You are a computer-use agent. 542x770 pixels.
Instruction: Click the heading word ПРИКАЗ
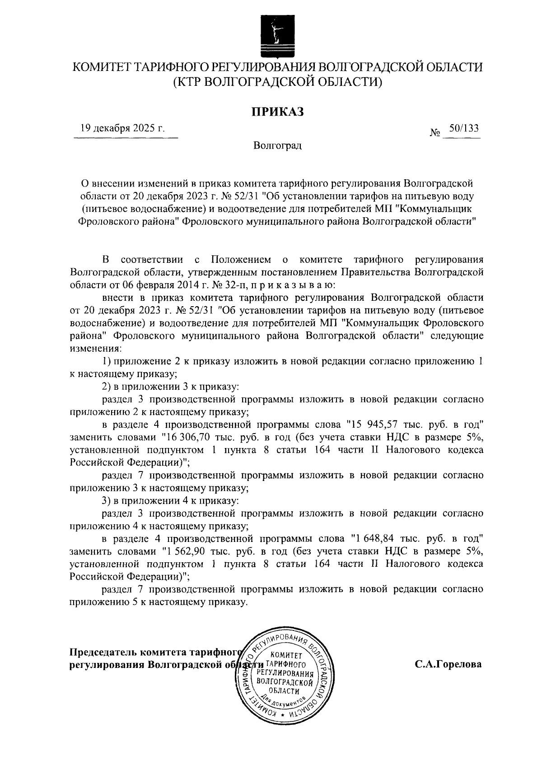(x=277, y=111)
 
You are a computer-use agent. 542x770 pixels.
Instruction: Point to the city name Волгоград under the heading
(x=277, y=146)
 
